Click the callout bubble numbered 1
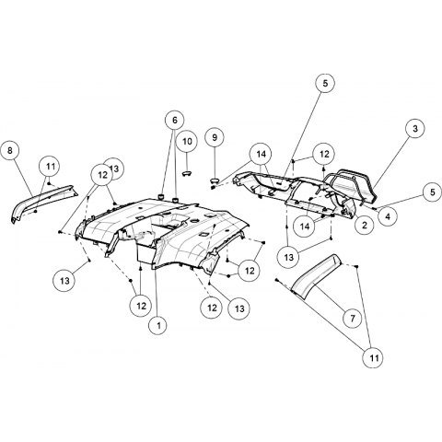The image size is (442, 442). pyautogui.click(x=158, y=325)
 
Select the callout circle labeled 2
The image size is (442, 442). pyautogui.click(x=365, y=226)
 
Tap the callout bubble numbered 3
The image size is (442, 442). pyautogui.click(x=415, y=128)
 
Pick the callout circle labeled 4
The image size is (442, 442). pyautogui.click(x=388, y=216)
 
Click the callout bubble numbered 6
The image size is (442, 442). pyautogui.click(x=175, y=120)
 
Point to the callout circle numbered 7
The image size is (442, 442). pyautogui.click(x=353, y=319)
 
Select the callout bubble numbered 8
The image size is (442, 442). pyautogui.click(x=10, y=150)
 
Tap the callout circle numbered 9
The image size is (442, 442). pyautogui.click(x=215, y=137)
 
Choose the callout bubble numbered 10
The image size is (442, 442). pyautogui.click(x=187, y=141)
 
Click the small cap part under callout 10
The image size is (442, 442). pyautogui.click(x=187, y=174)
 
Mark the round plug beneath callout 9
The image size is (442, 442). pyautogui.click(x=215, y=180)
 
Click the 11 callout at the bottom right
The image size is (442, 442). pyautogui.click(x=374, y=358)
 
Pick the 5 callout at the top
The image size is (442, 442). pyautogui.click(x=325, y=83)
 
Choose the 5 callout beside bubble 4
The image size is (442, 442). pyautogui.click(x=433, y=192)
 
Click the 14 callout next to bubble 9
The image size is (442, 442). pyautogui.click(x=261, y=154)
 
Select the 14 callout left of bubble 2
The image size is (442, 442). pyautogui.click(x=305, y=227)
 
